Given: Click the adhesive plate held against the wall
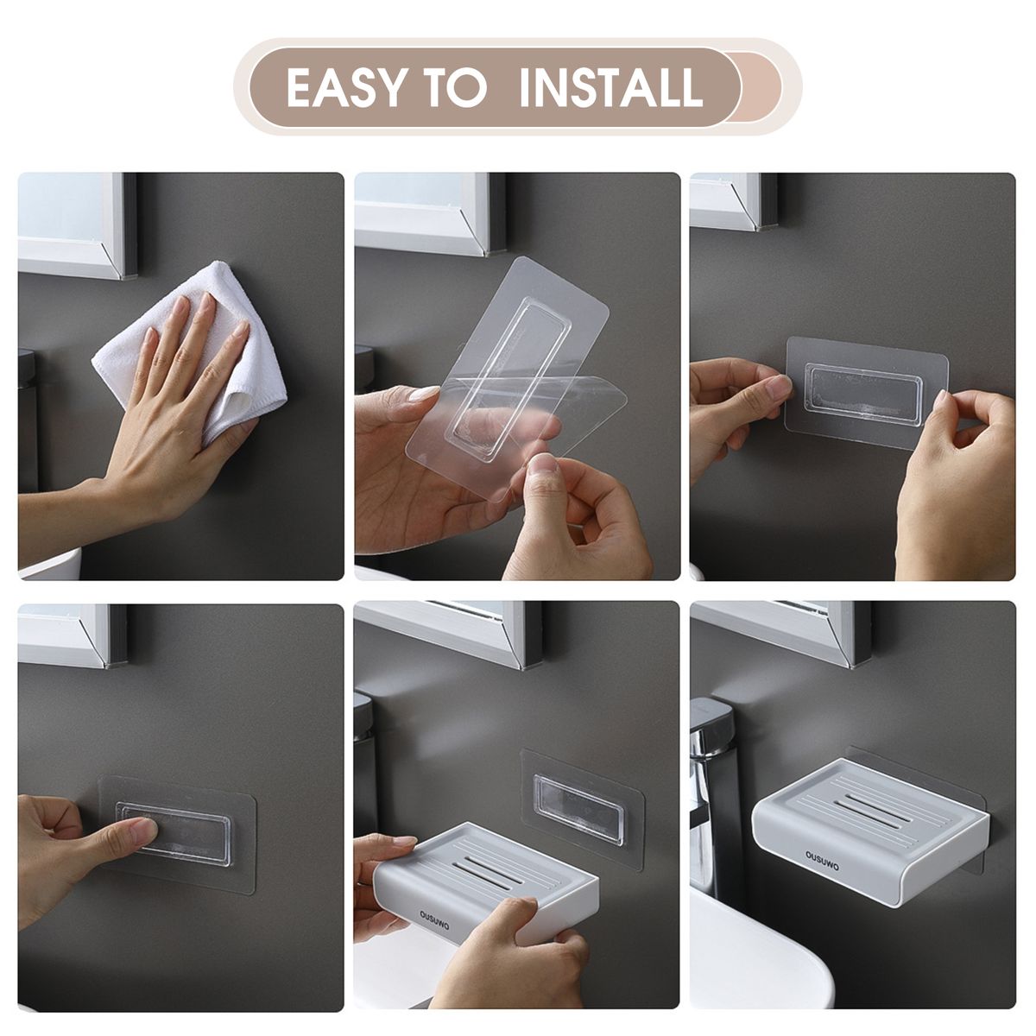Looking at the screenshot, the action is point(867,393).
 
